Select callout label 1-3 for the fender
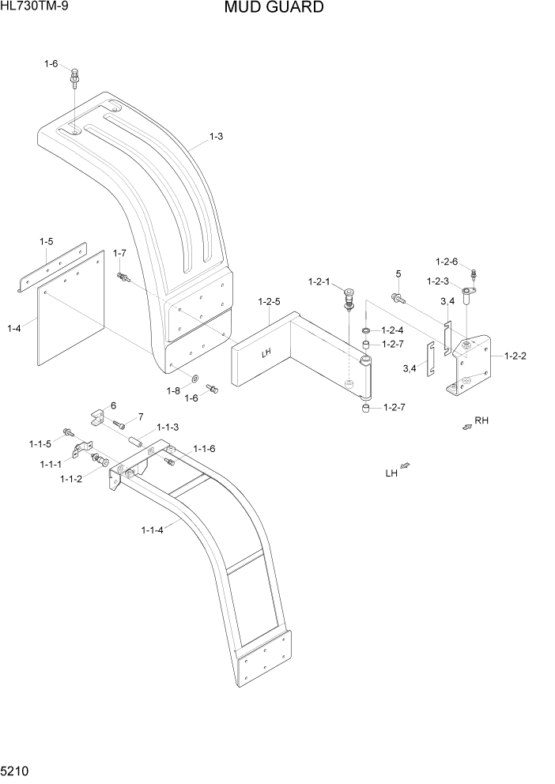(x=216, y=136)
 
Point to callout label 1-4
(x=14, y=328)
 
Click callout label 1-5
(x=47, y=240)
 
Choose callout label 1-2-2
(x=514, y=356)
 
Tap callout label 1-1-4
(x=152, y=530)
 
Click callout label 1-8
(x=172, y=390)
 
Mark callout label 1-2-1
(x=319, y=281)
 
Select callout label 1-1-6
(x=202, y=448)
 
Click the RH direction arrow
(x=467, y=427)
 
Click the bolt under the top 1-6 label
(x=74, y=79)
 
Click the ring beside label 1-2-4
(x=366, y=330)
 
